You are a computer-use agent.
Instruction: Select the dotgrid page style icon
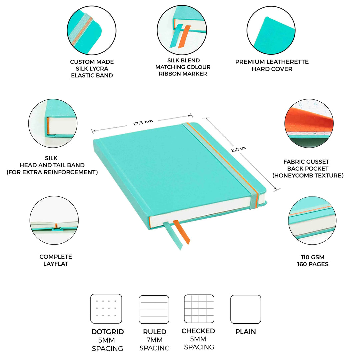pyautogui.click(x=106, y=309)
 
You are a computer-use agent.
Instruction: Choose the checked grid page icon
pyautogui.click(x=199, y=309)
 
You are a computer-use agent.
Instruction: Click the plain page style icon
pyautogui.click(x=246, y=309)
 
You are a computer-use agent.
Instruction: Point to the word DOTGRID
pyautogui.click(x=107, y=332)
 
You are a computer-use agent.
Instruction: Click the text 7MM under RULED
pyautogui.click(x=154, y=340)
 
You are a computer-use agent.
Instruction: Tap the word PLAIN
pyautogui.click(x=246, y=332)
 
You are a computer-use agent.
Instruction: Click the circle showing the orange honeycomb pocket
pyautogui.click(x=309, y=123)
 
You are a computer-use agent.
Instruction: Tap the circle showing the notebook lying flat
pyautogui.click(x=54, y=220)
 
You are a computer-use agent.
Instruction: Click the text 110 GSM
pyautogui.click(x=312, y=257)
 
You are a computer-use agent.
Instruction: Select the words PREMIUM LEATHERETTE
pyautogui.click(x=272, y=62)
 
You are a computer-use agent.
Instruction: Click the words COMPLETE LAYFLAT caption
pyautogui.click(x=56, y=260)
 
